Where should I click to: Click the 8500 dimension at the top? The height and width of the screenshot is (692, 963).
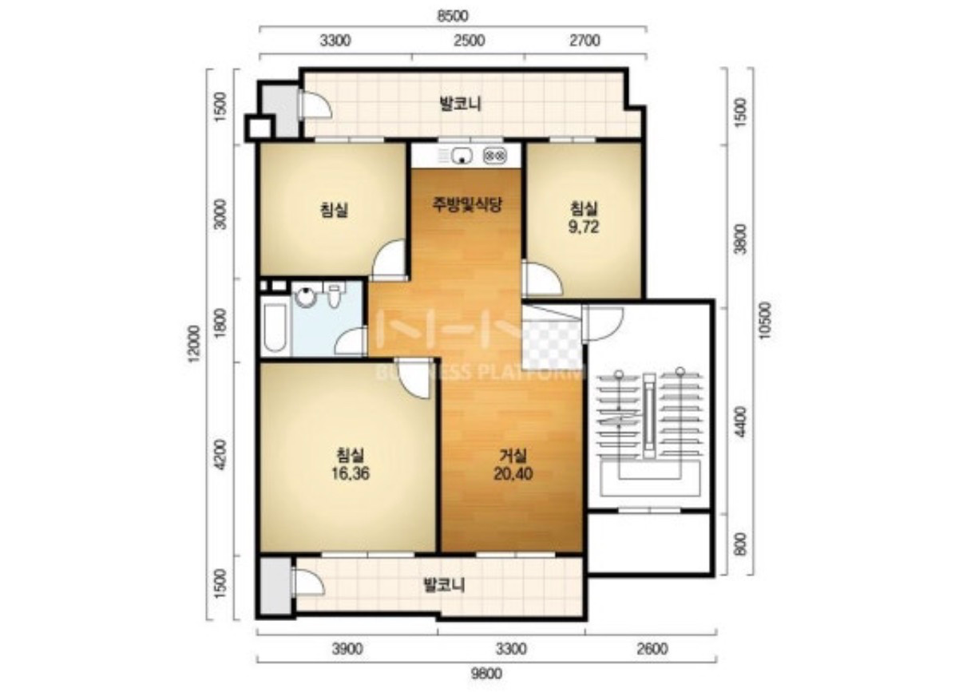point(453,16)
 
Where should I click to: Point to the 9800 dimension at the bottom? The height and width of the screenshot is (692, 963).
point(486,673)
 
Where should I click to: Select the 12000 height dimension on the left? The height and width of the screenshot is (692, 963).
point(195,344)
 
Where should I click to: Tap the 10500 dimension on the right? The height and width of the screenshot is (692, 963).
point(765,321)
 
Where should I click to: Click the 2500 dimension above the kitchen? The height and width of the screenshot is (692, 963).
point(470,41)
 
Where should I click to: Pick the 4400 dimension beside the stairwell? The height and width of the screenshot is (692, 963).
point(740,421)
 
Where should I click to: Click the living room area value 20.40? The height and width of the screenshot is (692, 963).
point(513,473)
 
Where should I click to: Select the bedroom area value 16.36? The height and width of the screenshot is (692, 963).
point(351,473)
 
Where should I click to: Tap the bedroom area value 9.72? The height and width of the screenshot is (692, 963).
point(584,227)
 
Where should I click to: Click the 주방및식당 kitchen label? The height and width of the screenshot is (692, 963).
point(467,204)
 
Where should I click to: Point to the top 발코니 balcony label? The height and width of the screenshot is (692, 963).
point(460,104)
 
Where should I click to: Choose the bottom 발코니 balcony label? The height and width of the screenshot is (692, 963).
point(444,585)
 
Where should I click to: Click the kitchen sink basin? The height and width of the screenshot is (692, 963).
point(462,155)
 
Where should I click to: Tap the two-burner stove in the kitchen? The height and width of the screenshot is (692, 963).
point(496,155)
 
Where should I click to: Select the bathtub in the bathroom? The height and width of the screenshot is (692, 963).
point(275,327)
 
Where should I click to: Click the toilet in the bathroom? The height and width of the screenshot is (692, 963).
point(334,295)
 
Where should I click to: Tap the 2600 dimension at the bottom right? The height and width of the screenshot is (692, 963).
point(652,649)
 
